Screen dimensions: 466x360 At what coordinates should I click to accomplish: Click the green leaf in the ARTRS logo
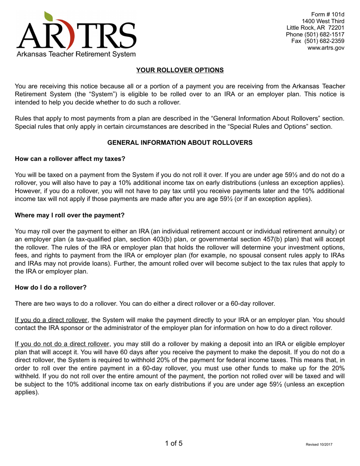[49, 16]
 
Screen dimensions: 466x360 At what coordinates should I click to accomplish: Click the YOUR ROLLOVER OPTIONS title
[180, 70]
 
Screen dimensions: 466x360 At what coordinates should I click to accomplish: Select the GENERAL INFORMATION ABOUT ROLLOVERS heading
[180, 142]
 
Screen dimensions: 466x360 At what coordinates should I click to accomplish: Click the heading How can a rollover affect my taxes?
[70, 159]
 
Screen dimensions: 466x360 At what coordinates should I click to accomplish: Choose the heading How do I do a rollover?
[50, 288]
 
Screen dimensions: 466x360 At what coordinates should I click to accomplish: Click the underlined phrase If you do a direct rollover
[52, 320]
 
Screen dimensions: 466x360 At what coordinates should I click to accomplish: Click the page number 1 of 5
[174, 443]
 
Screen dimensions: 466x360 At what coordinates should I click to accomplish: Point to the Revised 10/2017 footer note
[319, 444]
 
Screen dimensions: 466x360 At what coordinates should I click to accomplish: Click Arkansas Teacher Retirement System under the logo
[76, 55]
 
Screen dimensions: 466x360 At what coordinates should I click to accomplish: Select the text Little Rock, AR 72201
[315, 28]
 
